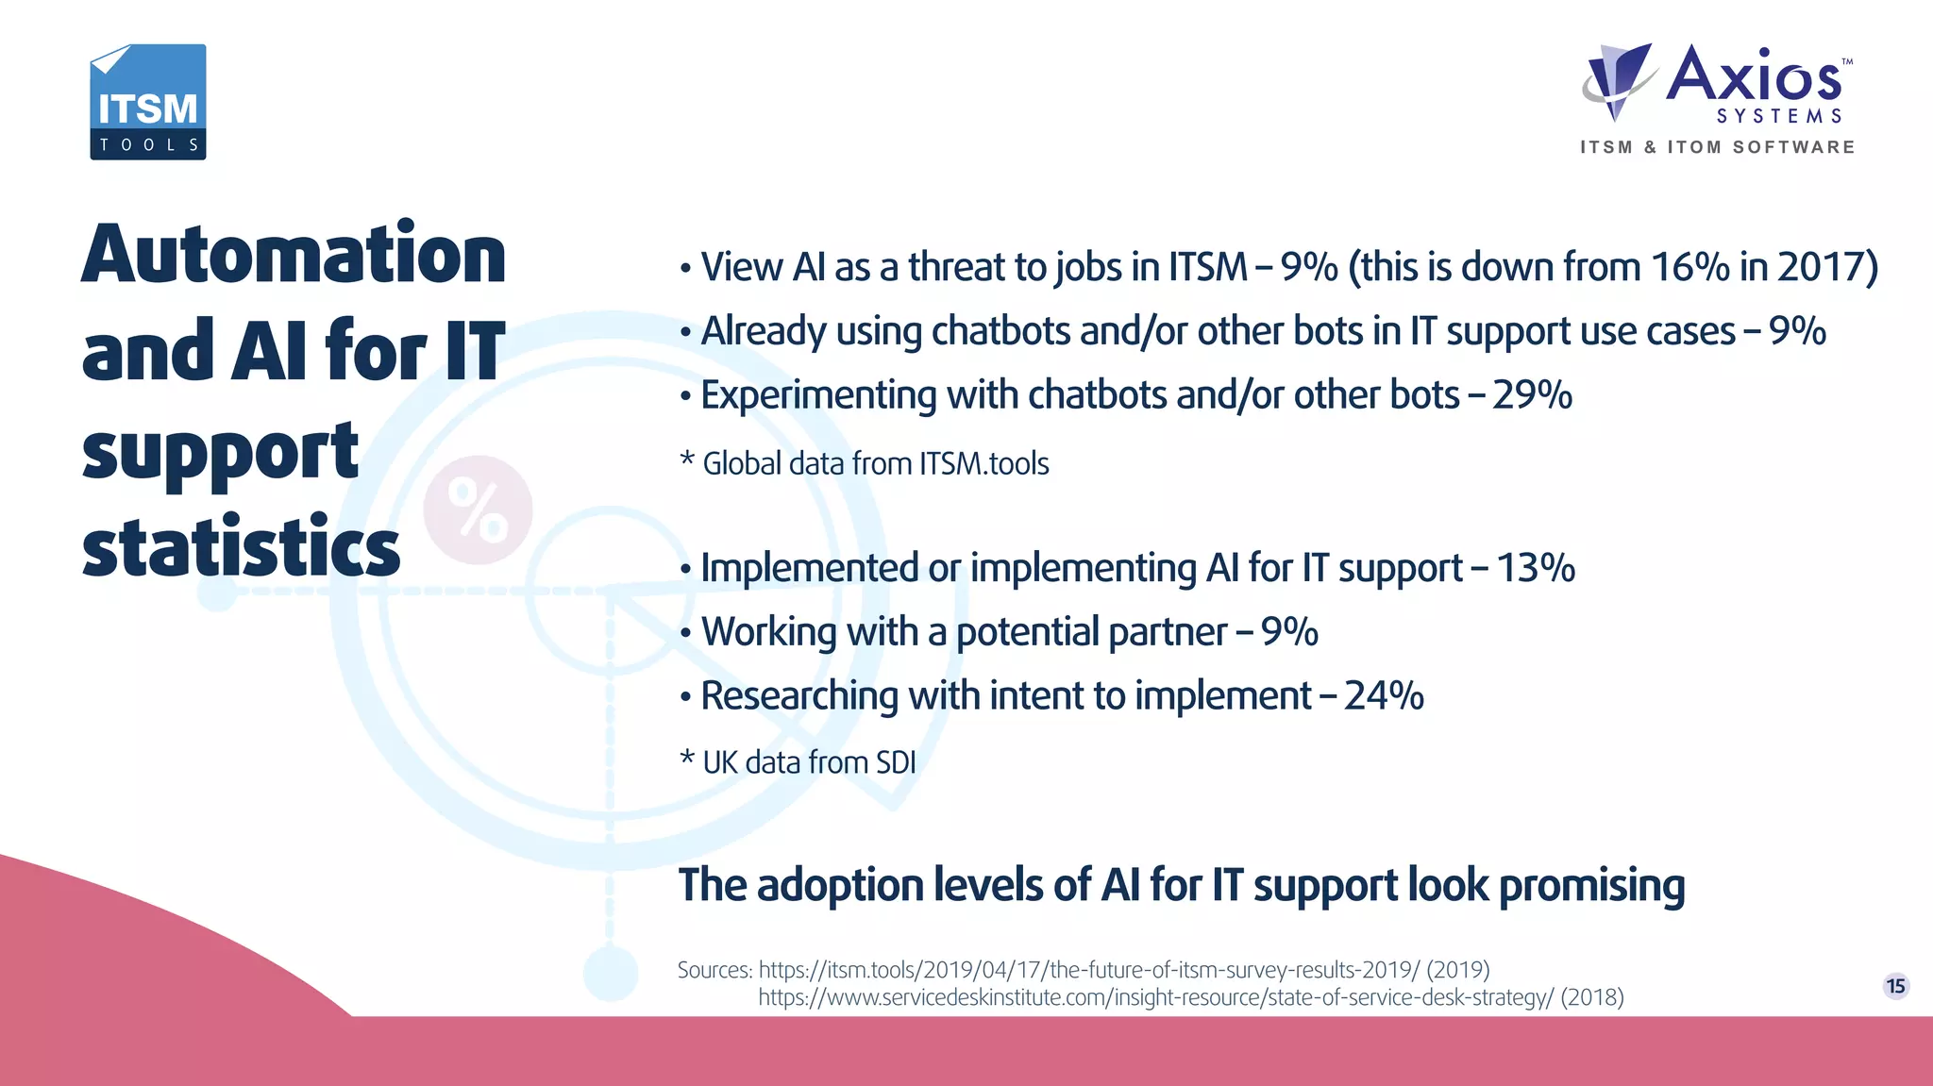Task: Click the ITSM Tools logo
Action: [148, 102]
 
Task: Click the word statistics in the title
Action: [241, 548]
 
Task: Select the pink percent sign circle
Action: [478, 510]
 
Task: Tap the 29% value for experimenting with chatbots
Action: [1532, 395]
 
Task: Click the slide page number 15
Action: [1895, 986]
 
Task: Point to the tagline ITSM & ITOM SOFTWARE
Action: [1717, 147]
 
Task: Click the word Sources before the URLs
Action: [714, 970]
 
